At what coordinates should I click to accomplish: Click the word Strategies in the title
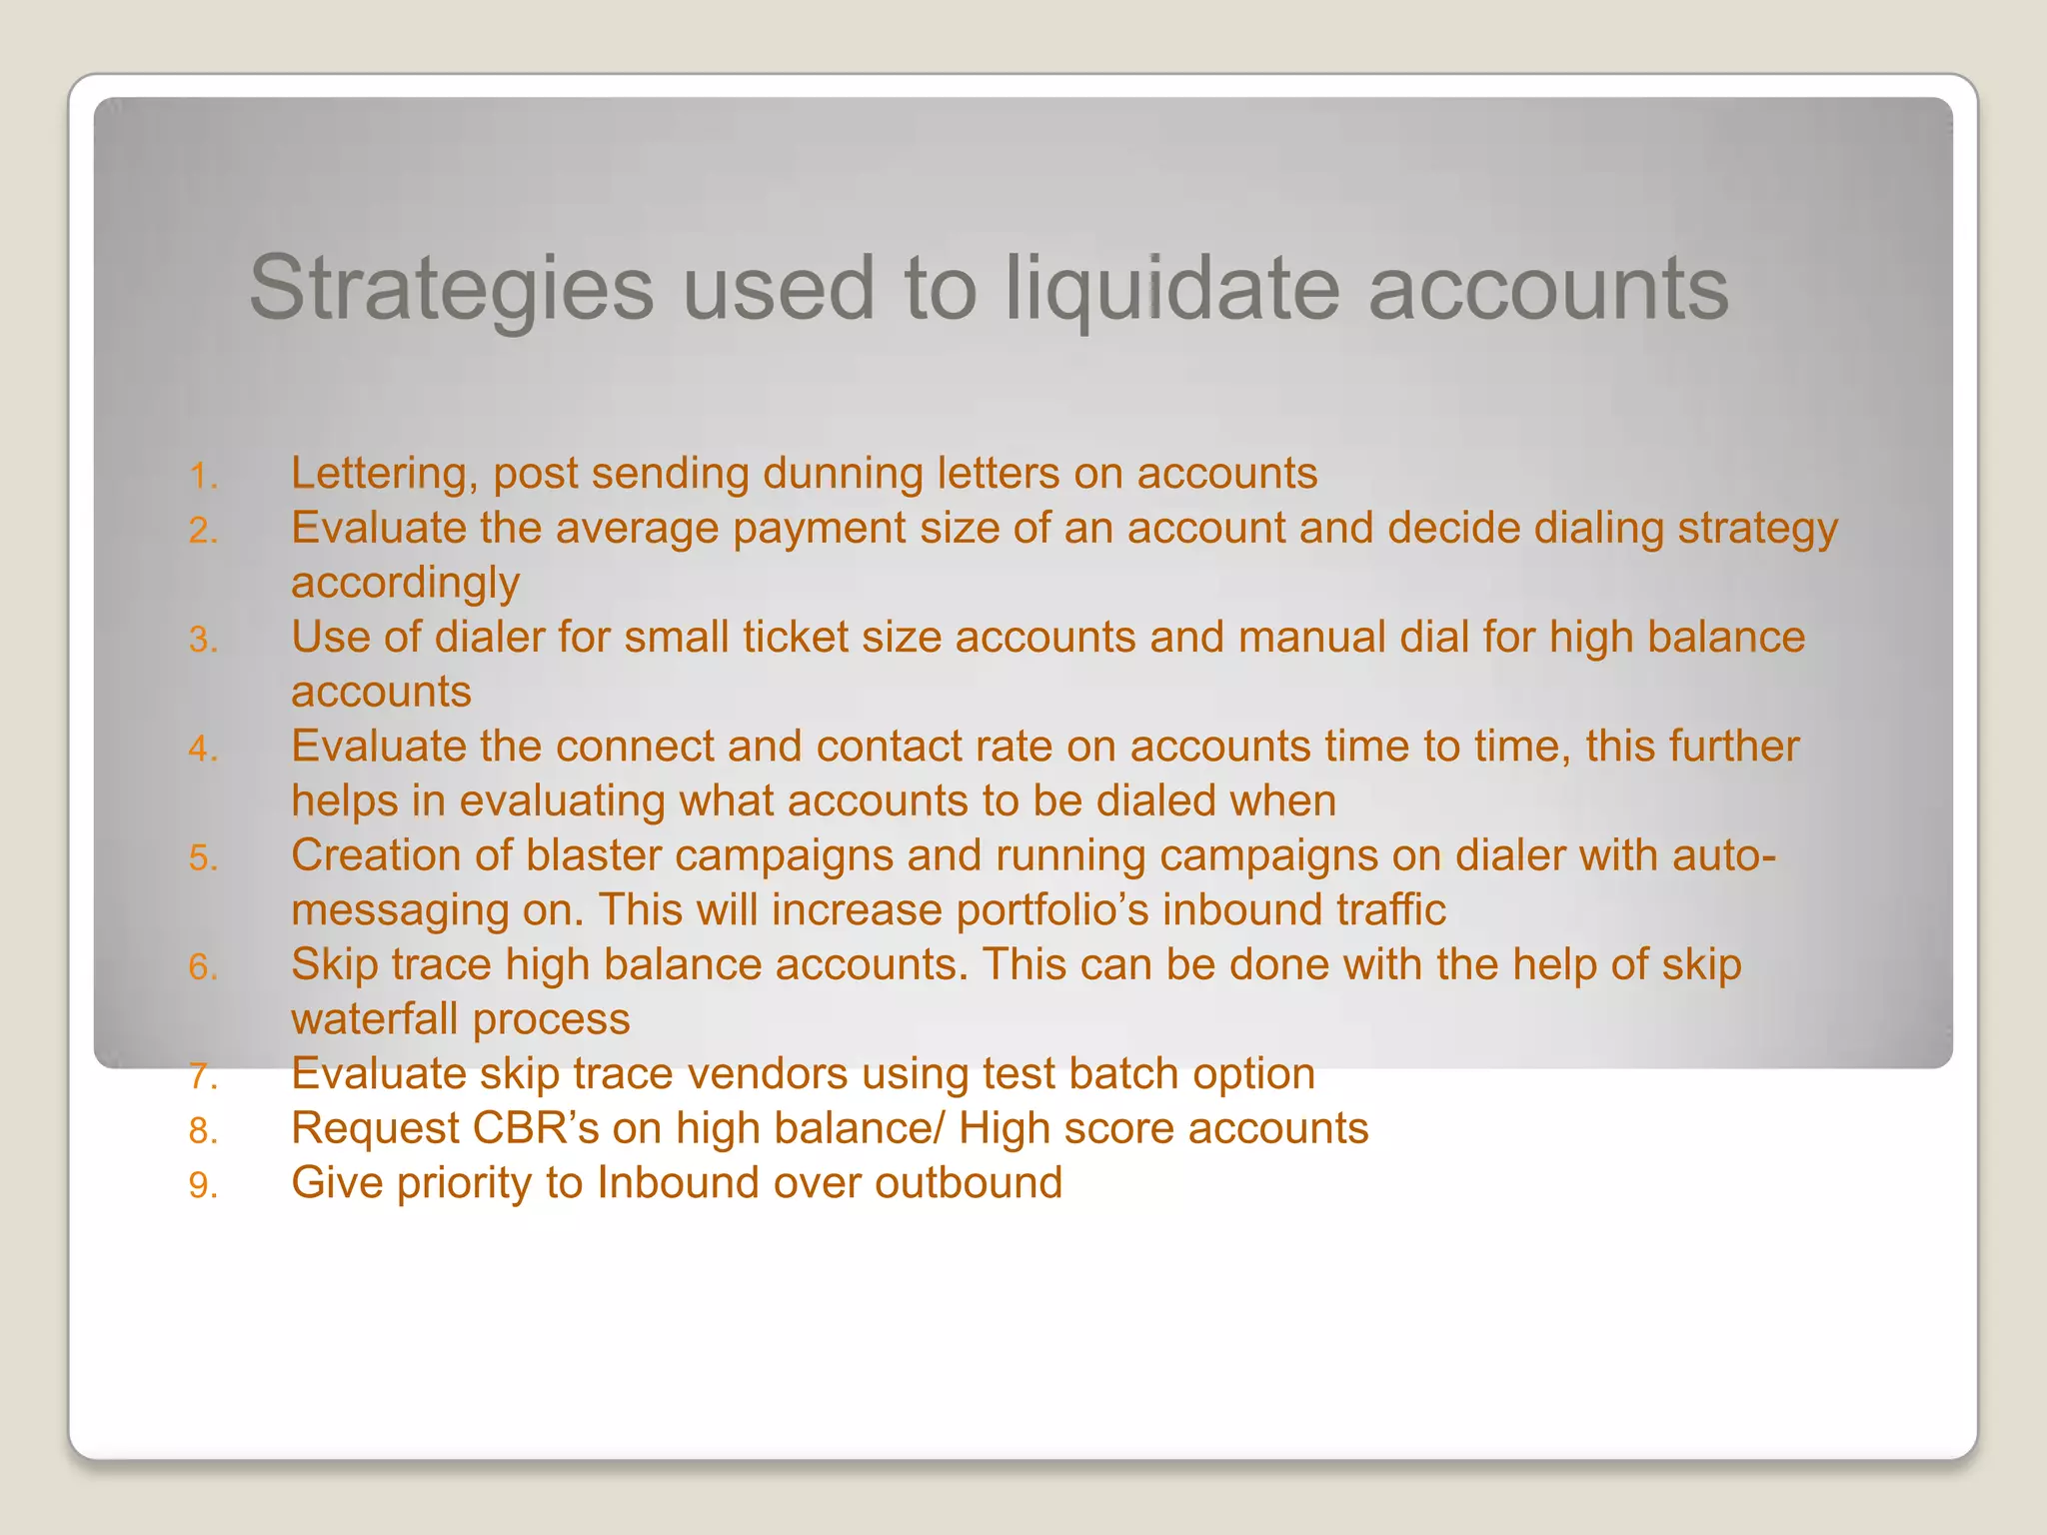point(451,288)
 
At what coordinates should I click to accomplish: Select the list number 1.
point(203,476)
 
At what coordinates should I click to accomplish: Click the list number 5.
point(203,858)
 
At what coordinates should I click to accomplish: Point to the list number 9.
point(203,1185)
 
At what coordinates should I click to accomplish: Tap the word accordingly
point(405,583)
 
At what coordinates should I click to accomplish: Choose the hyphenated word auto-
point(1724,855)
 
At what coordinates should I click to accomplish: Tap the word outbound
point(968,1183)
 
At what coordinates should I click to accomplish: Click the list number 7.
point(203,1076)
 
